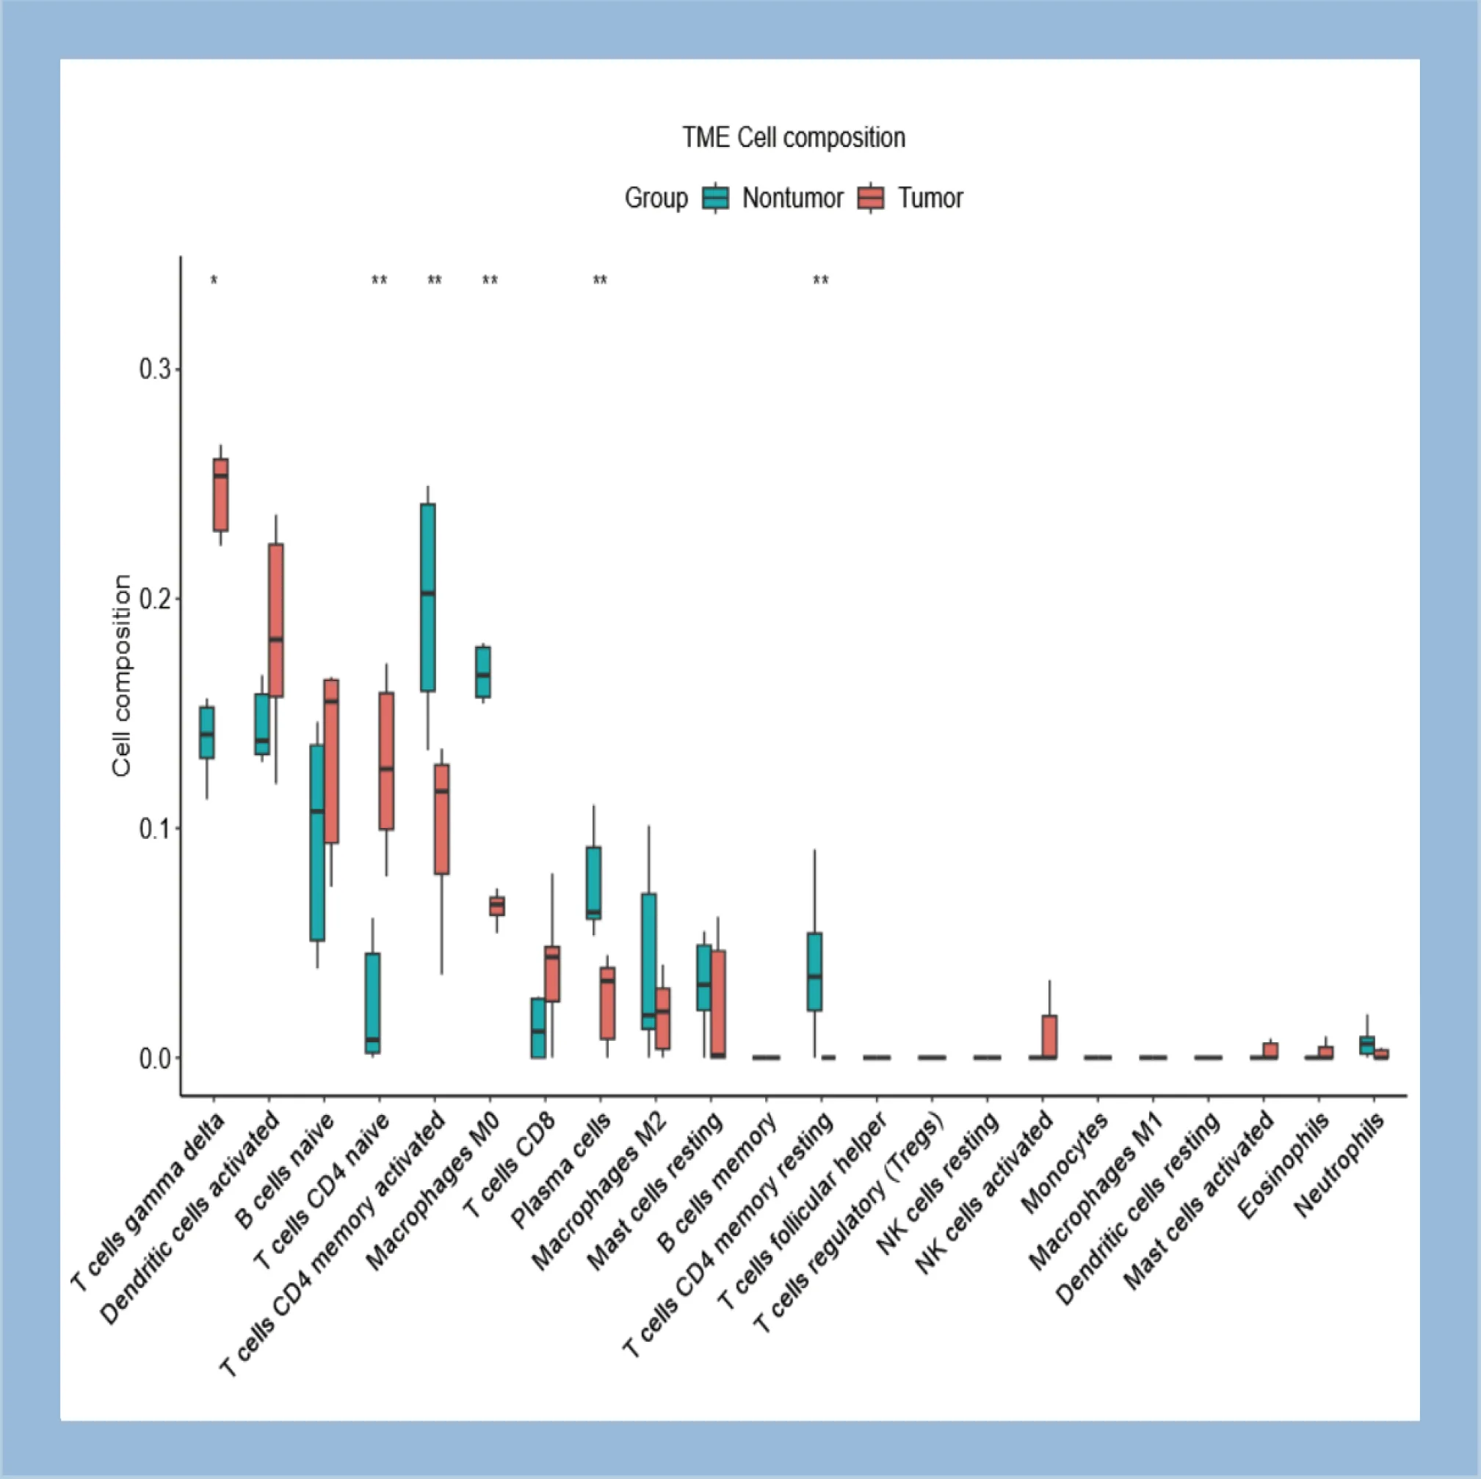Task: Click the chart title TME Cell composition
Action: point(794,138)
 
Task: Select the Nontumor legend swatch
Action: point(716,197)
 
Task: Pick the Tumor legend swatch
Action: point(871,197)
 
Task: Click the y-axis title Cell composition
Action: point(122,676)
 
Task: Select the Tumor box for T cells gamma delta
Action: point(221,494)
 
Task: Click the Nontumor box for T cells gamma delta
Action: point(207,733)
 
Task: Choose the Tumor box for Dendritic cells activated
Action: point(276,620)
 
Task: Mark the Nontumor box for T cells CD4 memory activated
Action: point(428,597)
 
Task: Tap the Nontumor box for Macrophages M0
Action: point(483,672)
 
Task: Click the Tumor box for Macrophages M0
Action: point(497,906)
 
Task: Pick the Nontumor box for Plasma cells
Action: point(593,883)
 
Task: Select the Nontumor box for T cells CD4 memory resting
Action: point(814,972)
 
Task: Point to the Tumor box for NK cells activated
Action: point(1049,1037)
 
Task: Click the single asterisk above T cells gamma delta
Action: point(214,281)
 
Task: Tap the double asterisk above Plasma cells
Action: point(600,281)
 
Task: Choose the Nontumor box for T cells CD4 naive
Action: point(372,1003)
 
